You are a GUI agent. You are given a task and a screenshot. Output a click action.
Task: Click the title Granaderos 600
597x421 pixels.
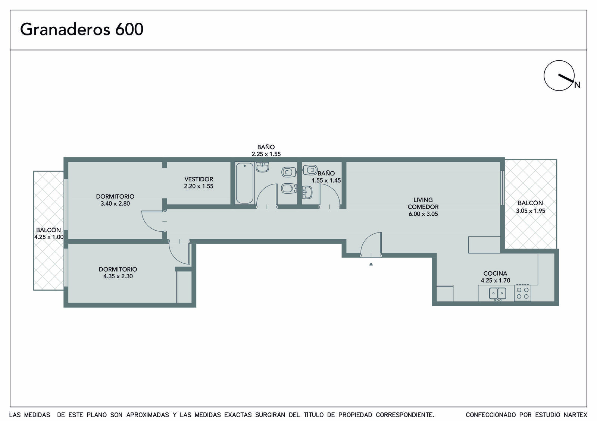coord(82,29)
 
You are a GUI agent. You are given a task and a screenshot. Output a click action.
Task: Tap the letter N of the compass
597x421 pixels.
coord(577,85)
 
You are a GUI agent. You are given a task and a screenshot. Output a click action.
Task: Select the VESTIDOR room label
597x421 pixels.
coord(199,179)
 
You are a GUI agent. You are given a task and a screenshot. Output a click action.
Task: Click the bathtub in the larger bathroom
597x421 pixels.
coord(244,183)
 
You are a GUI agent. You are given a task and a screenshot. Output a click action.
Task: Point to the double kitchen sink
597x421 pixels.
coord(497,294)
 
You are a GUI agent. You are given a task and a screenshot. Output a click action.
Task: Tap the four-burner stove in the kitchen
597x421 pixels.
coord(522,293)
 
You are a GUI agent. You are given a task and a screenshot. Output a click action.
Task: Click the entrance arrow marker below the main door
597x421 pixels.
coord(371,264)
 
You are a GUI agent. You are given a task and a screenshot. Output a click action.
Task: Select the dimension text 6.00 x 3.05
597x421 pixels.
coord(423,214)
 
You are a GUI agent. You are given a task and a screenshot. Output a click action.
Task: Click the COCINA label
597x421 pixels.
coord(495,273)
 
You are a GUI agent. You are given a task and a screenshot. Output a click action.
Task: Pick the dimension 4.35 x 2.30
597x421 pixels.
coord(118,276)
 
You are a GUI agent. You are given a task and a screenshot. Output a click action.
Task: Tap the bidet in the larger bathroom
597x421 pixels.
coord(289,189)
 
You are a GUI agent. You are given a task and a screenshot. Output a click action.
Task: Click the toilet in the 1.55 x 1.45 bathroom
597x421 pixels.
coord(310,170)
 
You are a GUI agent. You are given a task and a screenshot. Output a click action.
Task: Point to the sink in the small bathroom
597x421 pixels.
coord(307,192)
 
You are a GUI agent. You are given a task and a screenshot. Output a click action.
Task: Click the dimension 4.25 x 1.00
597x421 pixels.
coord(49,237)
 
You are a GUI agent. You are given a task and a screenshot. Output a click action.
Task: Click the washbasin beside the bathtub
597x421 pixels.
coord(262,167)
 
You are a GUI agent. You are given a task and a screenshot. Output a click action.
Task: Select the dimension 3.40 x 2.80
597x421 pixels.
coord(115,203)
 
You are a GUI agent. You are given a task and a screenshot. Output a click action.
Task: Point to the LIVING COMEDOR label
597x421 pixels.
coord(423,203)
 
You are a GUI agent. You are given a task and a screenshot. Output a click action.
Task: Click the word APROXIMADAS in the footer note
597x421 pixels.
coord(148,415)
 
